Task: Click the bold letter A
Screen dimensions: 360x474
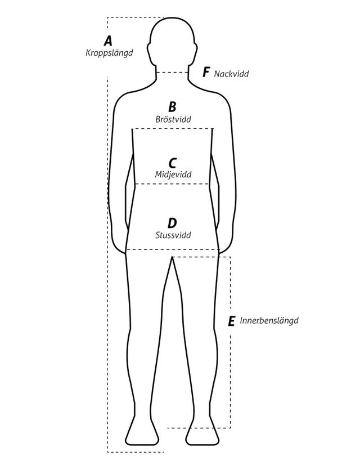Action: click(108, 41)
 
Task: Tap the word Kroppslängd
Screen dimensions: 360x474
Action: click(109, 53)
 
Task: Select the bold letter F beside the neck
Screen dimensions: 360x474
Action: click(206, 72)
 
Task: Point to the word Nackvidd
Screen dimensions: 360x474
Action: click(231, 74)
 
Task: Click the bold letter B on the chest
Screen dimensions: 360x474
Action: click(172, 107)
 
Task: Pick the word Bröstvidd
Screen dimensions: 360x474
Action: click(173, 119)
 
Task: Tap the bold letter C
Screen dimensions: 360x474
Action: click(172, 163)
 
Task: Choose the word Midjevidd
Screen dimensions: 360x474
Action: click(173, 175)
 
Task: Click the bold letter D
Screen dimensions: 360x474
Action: click(172, 223)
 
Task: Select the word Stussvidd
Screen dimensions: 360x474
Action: click(173, 235)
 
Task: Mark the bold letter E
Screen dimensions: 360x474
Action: click(231, 321)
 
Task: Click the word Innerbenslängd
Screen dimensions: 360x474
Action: click(269, 320)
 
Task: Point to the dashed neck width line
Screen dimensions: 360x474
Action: click(173, 73)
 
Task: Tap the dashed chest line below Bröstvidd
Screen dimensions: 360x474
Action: click(173, 129)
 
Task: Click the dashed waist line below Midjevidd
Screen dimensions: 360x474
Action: click(172, 184)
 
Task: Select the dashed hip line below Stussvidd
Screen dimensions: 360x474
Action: click(173, 250)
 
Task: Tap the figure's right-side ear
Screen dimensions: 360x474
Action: click(195, 51)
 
